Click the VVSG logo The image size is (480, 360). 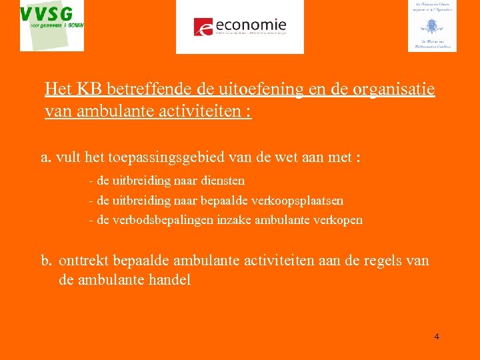click(x=52, y=25)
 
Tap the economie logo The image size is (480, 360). click(x=239, y=27)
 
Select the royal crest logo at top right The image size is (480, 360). click(x=432, y=26)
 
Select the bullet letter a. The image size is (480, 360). click(x=45, y=158)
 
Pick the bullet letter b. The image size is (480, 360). click(x=45, y=260)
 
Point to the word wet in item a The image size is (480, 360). click(x=283, y=158)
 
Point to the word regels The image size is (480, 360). click(x=378, y=260)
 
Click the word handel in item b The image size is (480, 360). click(x=168, y=280)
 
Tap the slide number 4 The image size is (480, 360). click(x=437, y=337)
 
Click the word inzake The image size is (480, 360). click(x=231, y=220)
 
